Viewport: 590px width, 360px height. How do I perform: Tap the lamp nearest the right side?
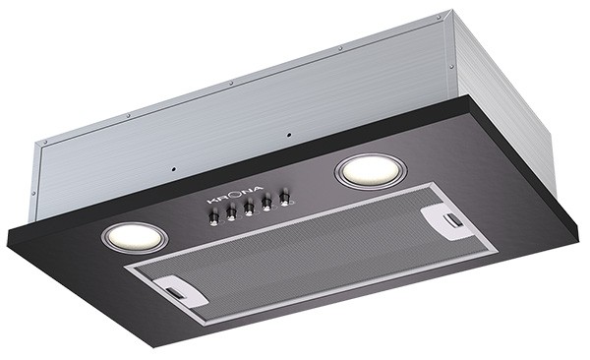[x=371, y=172]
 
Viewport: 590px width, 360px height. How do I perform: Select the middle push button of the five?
[x=249, y=208]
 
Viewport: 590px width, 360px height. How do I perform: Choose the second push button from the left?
[x=231, y=212]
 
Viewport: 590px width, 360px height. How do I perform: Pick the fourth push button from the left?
[x=266, y=204]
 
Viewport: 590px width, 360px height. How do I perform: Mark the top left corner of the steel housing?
[x=37, y=145]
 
